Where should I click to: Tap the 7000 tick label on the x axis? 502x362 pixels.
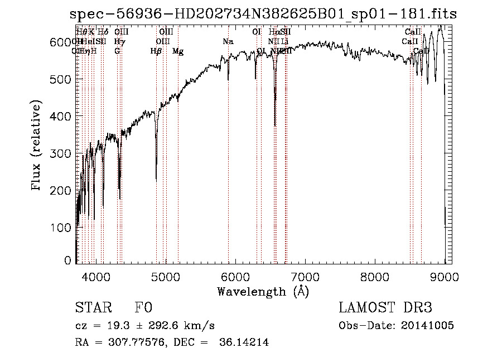(x=305, y=276)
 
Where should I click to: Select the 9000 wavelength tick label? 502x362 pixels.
(x=445, y=276)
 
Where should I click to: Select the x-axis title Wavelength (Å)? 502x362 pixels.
(x=263, y=291)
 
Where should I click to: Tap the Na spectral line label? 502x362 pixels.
(x=228, y=42)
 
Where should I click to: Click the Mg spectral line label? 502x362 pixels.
(x=178, y=51)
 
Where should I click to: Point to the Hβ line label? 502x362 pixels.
(x=156, y=51)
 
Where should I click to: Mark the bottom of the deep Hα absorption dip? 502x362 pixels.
(x=275, y=126)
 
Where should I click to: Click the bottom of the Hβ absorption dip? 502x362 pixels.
(x=156, y=180)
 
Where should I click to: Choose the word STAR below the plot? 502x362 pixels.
(x=89, y=308)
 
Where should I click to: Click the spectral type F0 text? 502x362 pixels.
(x=143, y=308)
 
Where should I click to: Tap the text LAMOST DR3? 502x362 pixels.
(x=385, y=308)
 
